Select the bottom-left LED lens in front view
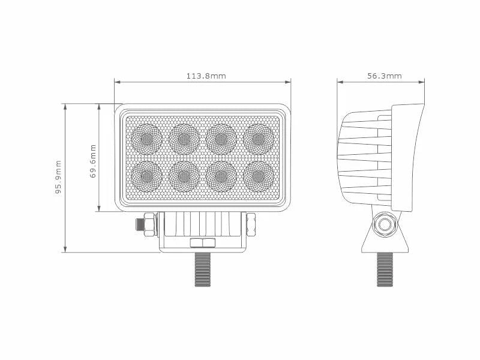146,176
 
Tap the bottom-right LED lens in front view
259,176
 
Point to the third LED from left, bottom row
221,176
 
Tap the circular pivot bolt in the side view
384,226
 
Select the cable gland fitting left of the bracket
145,224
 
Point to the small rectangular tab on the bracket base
203,243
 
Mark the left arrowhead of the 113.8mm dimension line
116,82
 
